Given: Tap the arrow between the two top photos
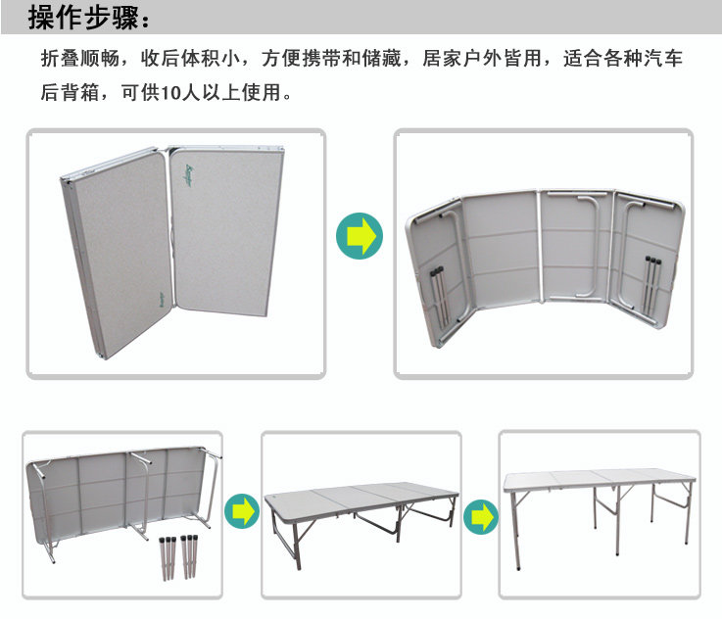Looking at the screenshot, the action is [x=360, y=236].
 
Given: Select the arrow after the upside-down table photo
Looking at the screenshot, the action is [x=242, y=511].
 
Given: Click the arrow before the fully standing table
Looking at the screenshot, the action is [x=481, y=517].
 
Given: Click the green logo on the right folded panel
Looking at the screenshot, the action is [x=189, y=175].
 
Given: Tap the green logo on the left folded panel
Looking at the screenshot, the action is [x=162, y=302].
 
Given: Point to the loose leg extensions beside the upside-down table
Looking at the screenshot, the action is [x=179, y=557].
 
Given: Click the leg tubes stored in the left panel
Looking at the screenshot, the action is [x=439, y=297].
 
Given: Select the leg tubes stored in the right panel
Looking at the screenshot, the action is [x=652, y=285].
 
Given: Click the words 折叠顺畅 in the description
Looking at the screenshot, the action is [x=80, y=59].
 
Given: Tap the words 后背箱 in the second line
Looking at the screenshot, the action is [x=70, y=92].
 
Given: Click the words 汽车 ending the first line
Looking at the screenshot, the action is [x=663, y=59].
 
